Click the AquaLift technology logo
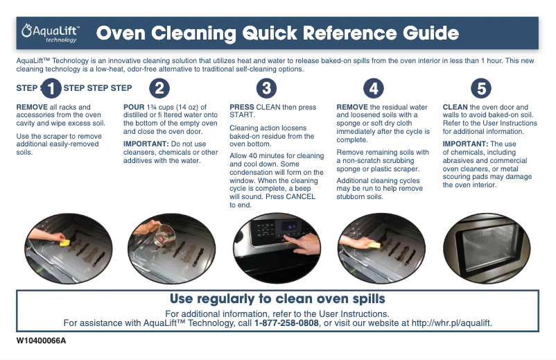pos(51,33)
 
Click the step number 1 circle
pos(51,88)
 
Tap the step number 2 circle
pos(159,88)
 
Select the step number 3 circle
pos(266,88)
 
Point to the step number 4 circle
pos(374,88)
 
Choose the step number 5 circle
pos(481,88)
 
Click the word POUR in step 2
pos(134,107)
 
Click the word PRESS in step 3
pos(242,107)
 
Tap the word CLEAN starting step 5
pos(455,107)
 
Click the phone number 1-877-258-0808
pos(286,323)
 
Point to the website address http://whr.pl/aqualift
pos(451,323)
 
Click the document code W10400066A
pos(41,341)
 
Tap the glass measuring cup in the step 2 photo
pos(163,234)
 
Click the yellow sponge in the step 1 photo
pos(65,243)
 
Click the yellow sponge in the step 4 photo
pos(375,245)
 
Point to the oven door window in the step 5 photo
pos(489,247)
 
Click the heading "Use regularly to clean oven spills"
pos(277,299)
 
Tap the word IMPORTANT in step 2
pos(146,144)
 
